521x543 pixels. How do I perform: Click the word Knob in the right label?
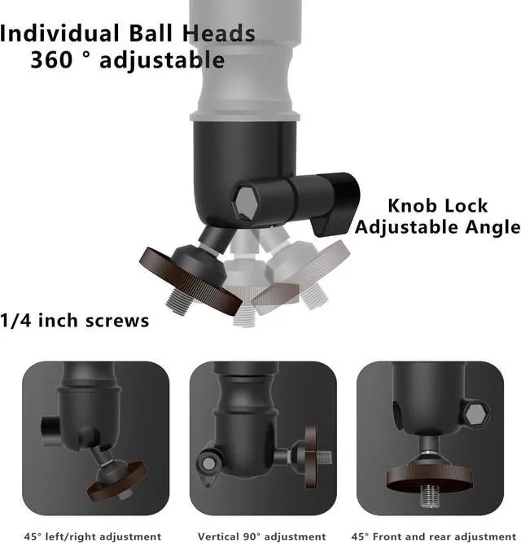tap(414, 206)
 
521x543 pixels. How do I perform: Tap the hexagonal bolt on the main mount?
tap(248, 198)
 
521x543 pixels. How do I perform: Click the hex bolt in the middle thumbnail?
tap(211, 463)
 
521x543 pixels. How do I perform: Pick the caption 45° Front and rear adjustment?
tap(432, 536)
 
